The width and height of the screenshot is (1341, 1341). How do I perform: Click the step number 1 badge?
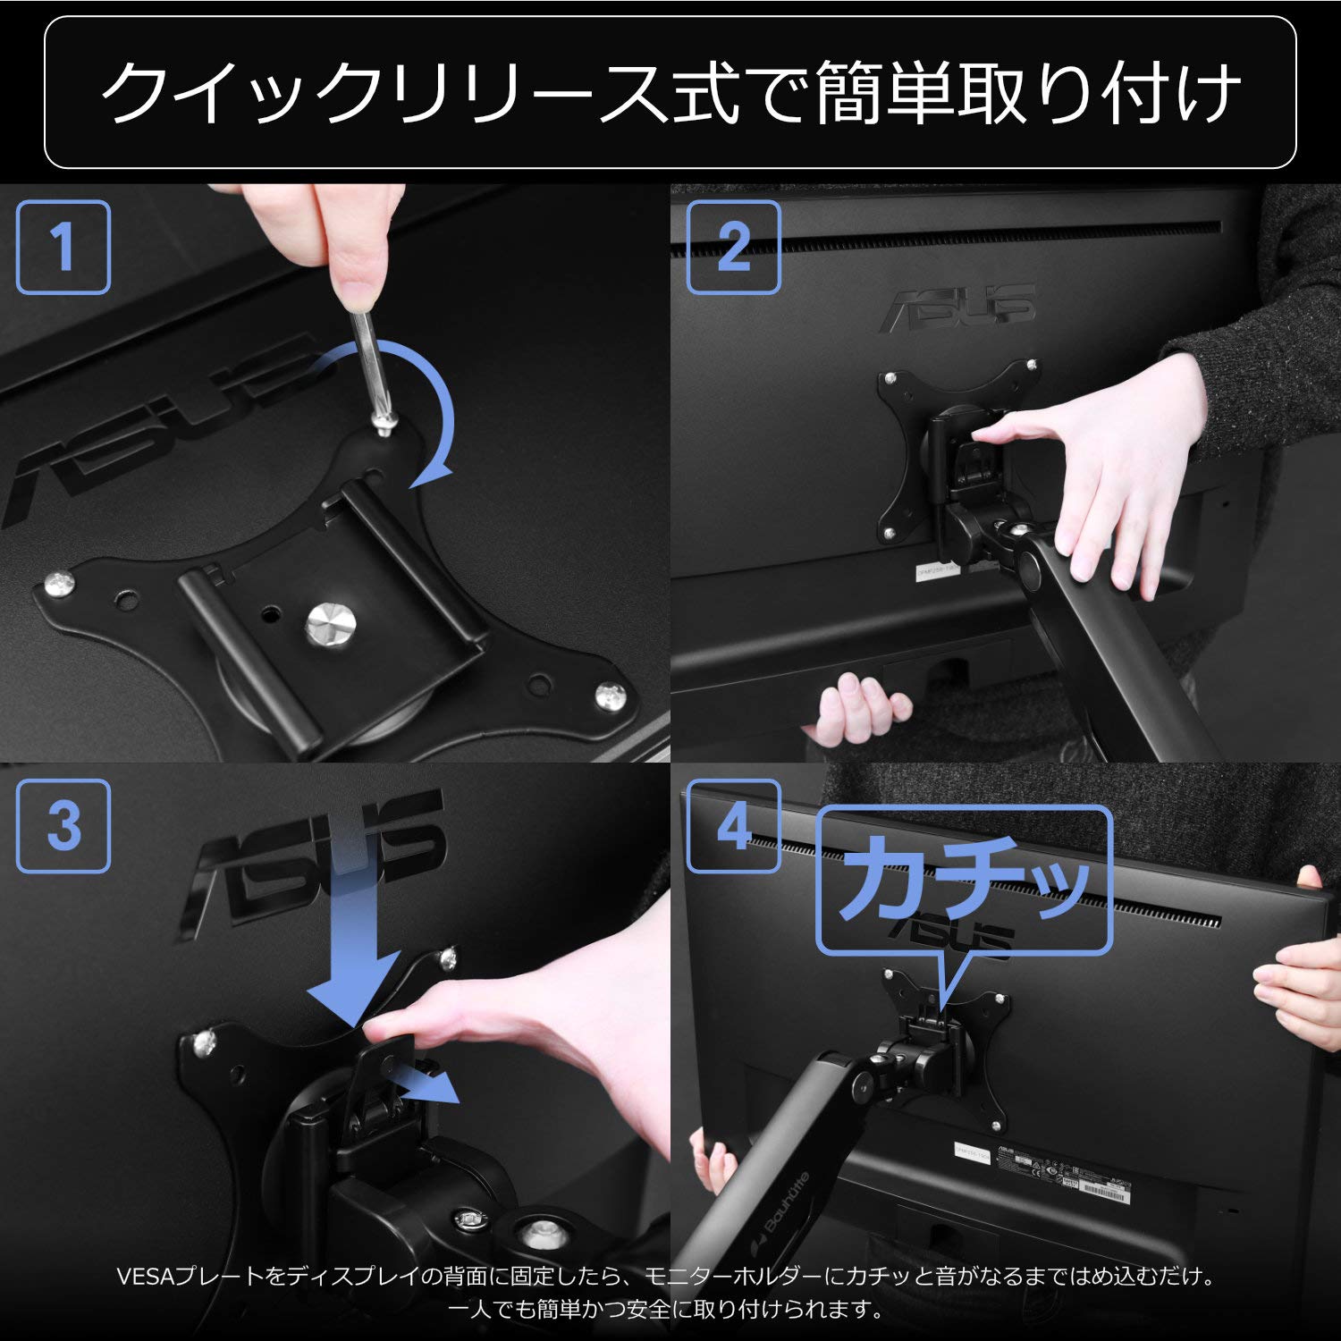[x=63, y=248]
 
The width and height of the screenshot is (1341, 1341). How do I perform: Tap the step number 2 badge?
[x=733, y=248]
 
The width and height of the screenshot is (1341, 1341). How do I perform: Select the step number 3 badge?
[x=63, y=826]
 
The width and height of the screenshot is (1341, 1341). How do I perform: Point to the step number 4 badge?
[x=733, y=826]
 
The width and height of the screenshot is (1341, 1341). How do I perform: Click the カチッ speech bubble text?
[x=964, y=879]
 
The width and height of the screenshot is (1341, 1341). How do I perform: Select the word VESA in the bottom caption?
[x=146, y=1276]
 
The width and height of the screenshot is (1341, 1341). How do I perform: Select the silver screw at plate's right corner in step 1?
[x=611, y=694]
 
